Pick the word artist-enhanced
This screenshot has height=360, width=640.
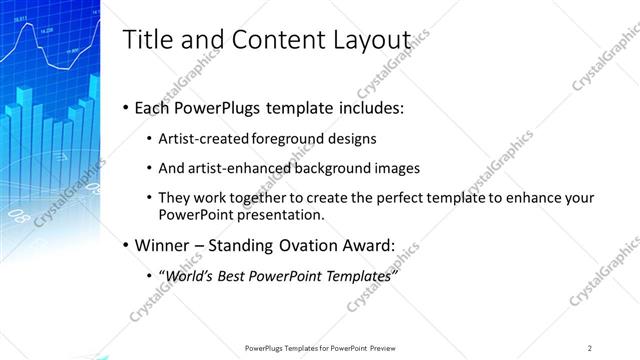(233, 169)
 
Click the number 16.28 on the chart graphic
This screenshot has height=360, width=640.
(46, 30)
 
